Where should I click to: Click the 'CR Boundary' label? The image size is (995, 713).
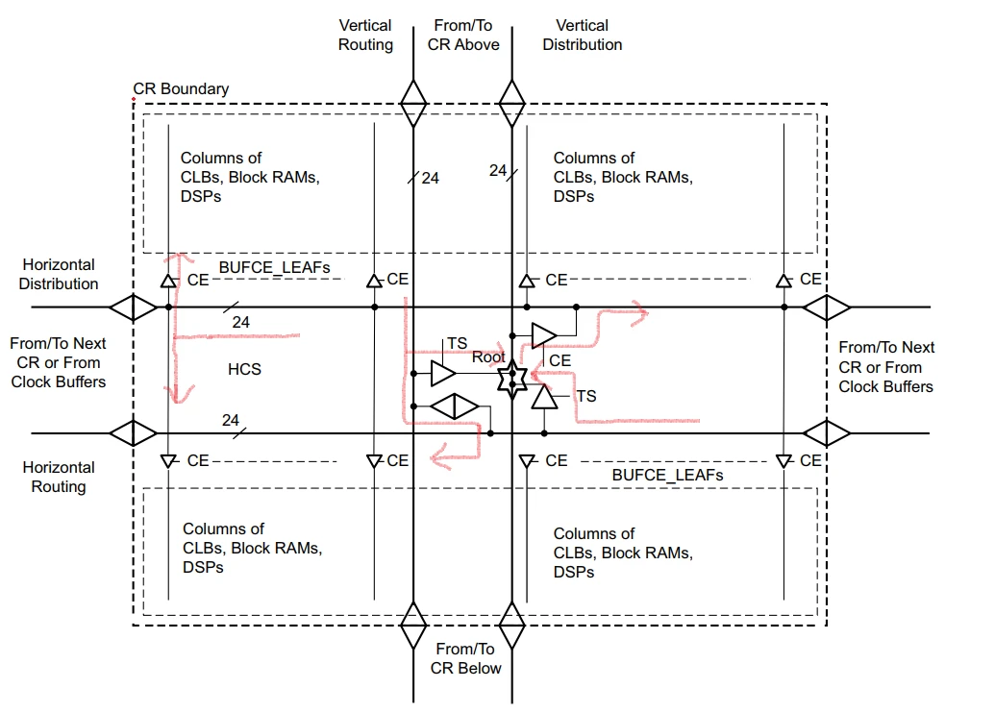point(181,89)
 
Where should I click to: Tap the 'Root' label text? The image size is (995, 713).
point(488,356)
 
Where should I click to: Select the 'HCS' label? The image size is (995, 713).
point(244,369)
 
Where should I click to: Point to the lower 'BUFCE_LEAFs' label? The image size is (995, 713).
point(667,475)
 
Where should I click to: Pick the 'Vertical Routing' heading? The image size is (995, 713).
point(365,35)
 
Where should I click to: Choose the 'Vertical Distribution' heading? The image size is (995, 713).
point(582,35)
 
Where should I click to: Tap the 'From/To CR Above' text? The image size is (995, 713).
point(463,35)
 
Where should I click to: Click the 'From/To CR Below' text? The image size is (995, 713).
point(465,659)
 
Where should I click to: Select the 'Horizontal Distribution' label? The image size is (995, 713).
point(59,274)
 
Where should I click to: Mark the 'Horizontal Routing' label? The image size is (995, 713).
point(59,477)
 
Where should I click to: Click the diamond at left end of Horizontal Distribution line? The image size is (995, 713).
point(133,307)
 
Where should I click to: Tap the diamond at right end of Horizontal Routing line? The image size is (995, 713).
point(827,432)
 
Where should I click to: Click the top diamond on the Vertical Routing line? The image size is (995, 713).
point(413,103)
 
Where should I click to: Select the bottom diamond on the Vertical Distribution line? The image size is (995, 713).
point(510,626)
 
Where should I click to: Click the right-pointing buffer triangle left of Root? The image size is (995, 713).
point(443,373)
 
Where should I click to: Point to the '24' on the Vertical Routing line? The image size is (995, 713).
point(430,178)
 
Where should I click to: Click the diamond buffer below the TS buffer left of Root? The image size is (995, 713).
point(454,406)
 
